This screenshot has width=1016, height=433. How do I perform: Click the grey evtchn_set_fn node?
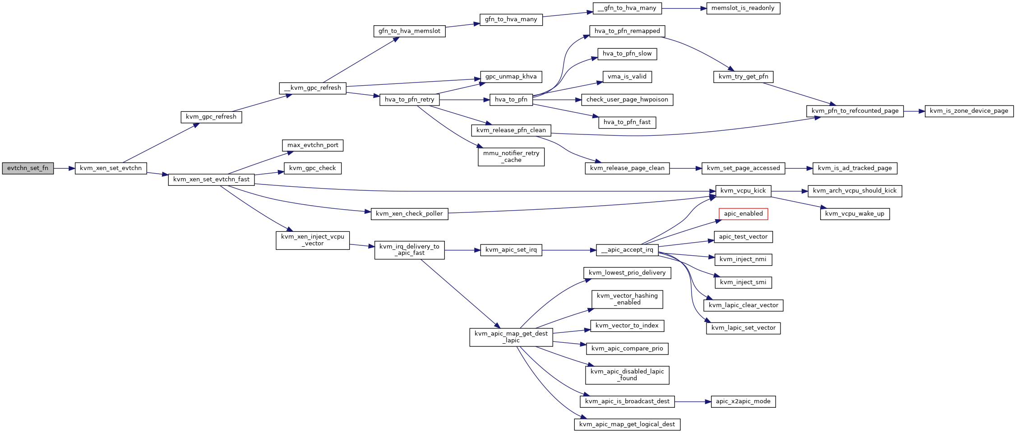point(28,168)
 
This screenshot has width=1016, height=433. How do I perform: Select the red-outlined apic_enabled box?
point(743,214)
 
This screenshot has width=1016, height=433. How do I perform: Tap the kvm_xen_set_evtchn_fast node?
point(212,180)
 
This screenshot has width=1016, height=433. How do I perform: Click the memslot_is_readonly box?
point(743,8)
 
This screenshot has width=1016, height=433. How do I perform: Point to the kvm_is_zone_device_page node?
point(969,111)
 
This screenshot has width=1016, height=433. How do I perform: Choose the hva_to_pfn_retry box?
point(410,100)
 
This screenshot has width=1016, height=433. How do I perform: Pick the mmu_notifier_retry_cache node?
point(511,157)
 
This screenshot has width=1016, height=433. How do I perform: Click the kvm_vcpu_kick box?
point(743,191)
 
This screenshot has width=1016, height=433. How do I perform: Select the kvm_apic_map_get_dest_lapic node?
point(511,337)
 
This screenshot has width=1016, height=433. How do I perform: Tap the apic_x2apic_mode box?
point(743,401)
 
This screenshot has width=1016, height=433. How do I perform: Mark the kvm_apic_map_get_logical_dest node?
point(627,424)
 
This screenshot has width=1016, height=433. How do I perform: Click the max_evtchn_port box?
point(313,145)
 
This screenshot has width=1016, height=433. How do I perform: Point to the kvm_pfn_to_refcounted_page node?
point(855,111)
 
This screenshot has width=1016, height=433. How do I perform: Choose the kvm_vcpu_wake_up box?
point(855,214)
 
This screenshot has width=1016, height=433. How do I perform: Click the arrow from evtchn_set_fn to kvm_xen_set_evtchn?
point(64,168)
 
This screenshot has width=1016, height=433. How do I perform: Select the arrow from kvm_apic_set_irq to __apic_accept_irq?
point(569,250)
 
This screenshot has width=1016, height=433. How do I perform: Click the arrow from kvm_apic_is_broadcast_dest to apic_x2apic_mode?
point(693,401)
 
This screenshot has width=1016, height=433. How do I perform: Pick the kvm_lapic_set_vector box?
point(744,328)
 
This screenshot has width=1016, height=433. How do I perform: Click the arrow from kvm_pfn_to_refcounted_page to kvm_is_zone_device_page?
point(914,111)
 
